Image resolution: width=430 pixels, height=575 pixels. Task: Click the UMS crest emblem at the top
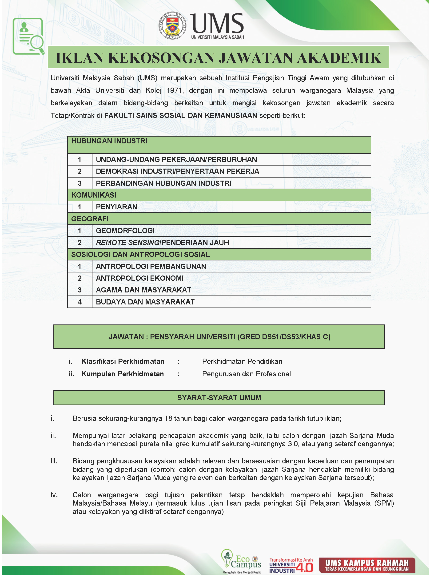(x=172, y=26)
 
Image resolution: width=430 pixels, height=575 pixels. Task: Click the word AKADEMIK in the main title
(x=339, y=58)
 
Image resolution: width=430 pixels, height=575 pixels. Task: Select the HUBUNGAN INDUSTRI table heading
(x=109, y=141)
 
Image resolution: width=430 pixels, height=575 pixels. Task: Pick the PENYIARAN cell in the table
(x=116, y=207)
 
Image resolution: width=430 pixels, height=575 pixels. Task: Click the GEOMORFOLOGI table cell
(x=125, y=231)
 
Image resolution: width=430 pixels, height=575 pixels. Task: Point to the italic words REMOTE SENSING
(x=128, y=243)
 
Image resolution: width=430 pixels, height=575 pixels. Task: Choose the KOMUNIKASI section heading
(x=93, y=195)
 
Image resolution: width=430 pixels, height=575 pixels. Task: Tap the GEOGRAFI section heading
(x=90, y=219)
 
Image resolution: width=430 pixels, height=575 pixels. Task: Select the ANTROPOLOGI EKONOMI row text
(x=140, y=278)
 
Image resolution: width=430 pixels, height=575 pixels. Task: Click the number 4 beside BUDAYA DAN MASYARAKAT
(x=80, y=302)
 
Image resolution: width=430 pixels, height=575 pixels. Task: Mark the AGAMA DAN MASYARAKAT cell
(x=143, y=290)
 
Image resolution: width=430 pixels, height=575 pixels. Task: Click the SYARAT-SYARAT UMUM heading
(x=219, y=398)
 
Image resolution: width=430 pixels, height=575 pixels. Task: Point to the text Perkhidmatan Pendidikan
(x=242, y=361)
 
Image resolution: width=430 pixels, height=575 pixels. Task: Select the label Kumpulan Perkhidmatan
(x=122, y=374)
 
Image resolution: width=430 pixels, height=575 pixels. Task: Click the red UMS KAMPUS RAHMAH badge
(x=367, y=565)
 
